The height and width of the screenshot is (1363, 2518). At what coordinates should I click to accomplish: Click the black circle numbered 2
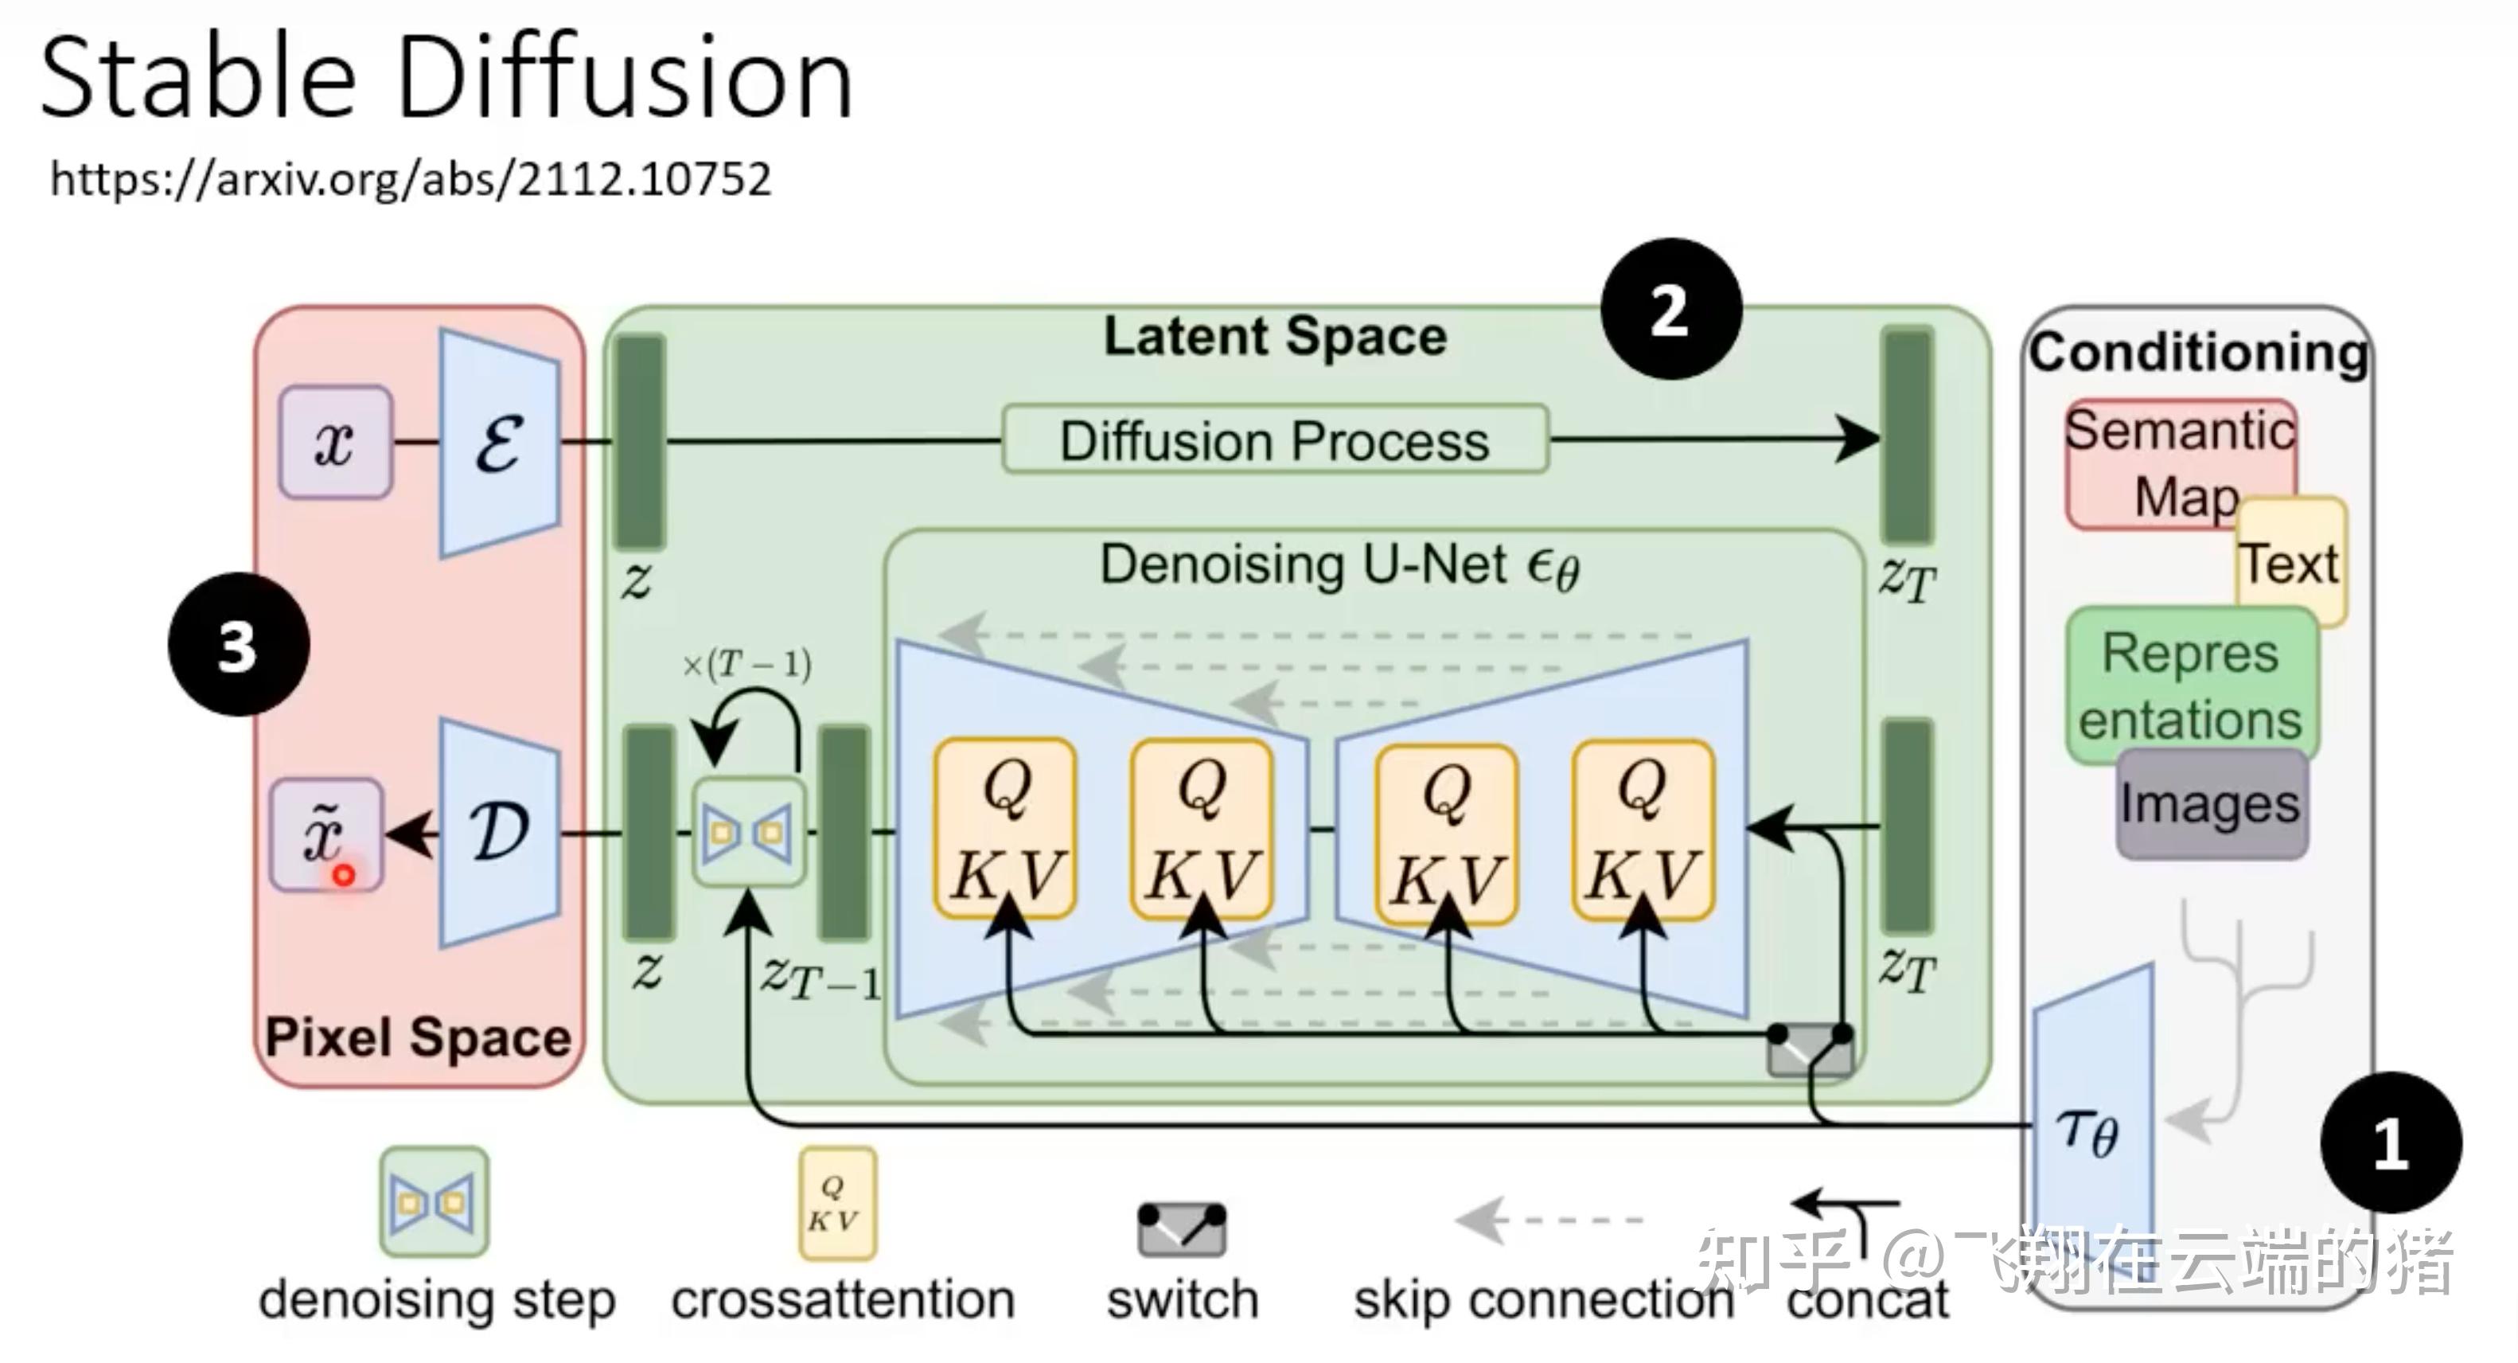click(1670, 309)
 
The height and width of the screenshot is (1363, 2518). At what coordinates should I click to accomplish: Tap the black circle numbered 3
click(239, 646)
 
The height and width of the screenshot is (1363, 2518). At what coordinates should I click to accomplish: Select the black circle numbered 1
click(2391, 1142)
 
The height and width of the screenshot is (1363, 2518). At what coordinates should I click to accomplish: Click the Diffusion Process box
click(1276, 440)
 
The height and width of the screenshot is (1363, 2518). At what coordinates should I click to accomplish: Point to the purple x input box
click(335, 442)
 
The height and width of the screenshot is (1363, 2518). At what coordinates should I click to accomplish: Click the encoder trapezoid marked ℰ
click(500, 443)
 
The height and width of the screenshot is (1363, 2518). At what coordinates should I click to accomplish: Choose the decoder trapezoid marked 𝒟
click(500, 832)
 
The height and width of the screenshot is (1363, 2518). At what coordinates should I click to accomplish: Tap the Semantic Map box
click(2180, 463)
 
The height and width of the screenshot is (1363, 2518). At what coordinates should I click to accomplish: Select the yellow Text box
click(2290, 562)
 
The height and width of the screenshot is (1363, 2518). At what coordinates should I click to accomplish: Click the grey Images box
click(2211, 805)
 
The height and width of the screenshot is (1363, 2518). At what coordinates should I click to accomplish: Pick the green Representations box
click(2192, 685)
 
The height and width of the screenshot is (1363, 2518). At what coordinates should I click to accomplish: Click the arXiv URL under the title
click(411, 180)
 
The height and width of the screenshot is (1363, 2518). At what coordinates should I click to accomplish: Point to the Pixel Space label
click(419, 1037)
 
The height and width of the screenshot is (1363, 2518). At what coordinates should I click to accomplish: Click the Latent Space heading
click(1275, 335)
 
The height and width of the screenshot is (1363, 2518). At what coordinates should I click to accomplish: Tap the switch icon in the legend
click(1182, 1229)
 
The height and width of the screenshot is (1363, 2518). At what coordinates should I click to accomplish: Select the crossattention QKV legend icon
click(838, 1203)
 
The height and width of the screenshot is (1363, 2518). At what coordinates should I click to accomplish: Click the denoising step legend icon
click(434, 1201)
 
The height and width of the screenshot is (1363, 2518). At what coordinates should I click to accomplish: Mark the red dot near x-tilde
click(343, 875)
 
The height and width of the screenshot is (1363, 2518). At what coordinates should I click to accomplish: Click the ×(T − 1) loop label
click(746, 665)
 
